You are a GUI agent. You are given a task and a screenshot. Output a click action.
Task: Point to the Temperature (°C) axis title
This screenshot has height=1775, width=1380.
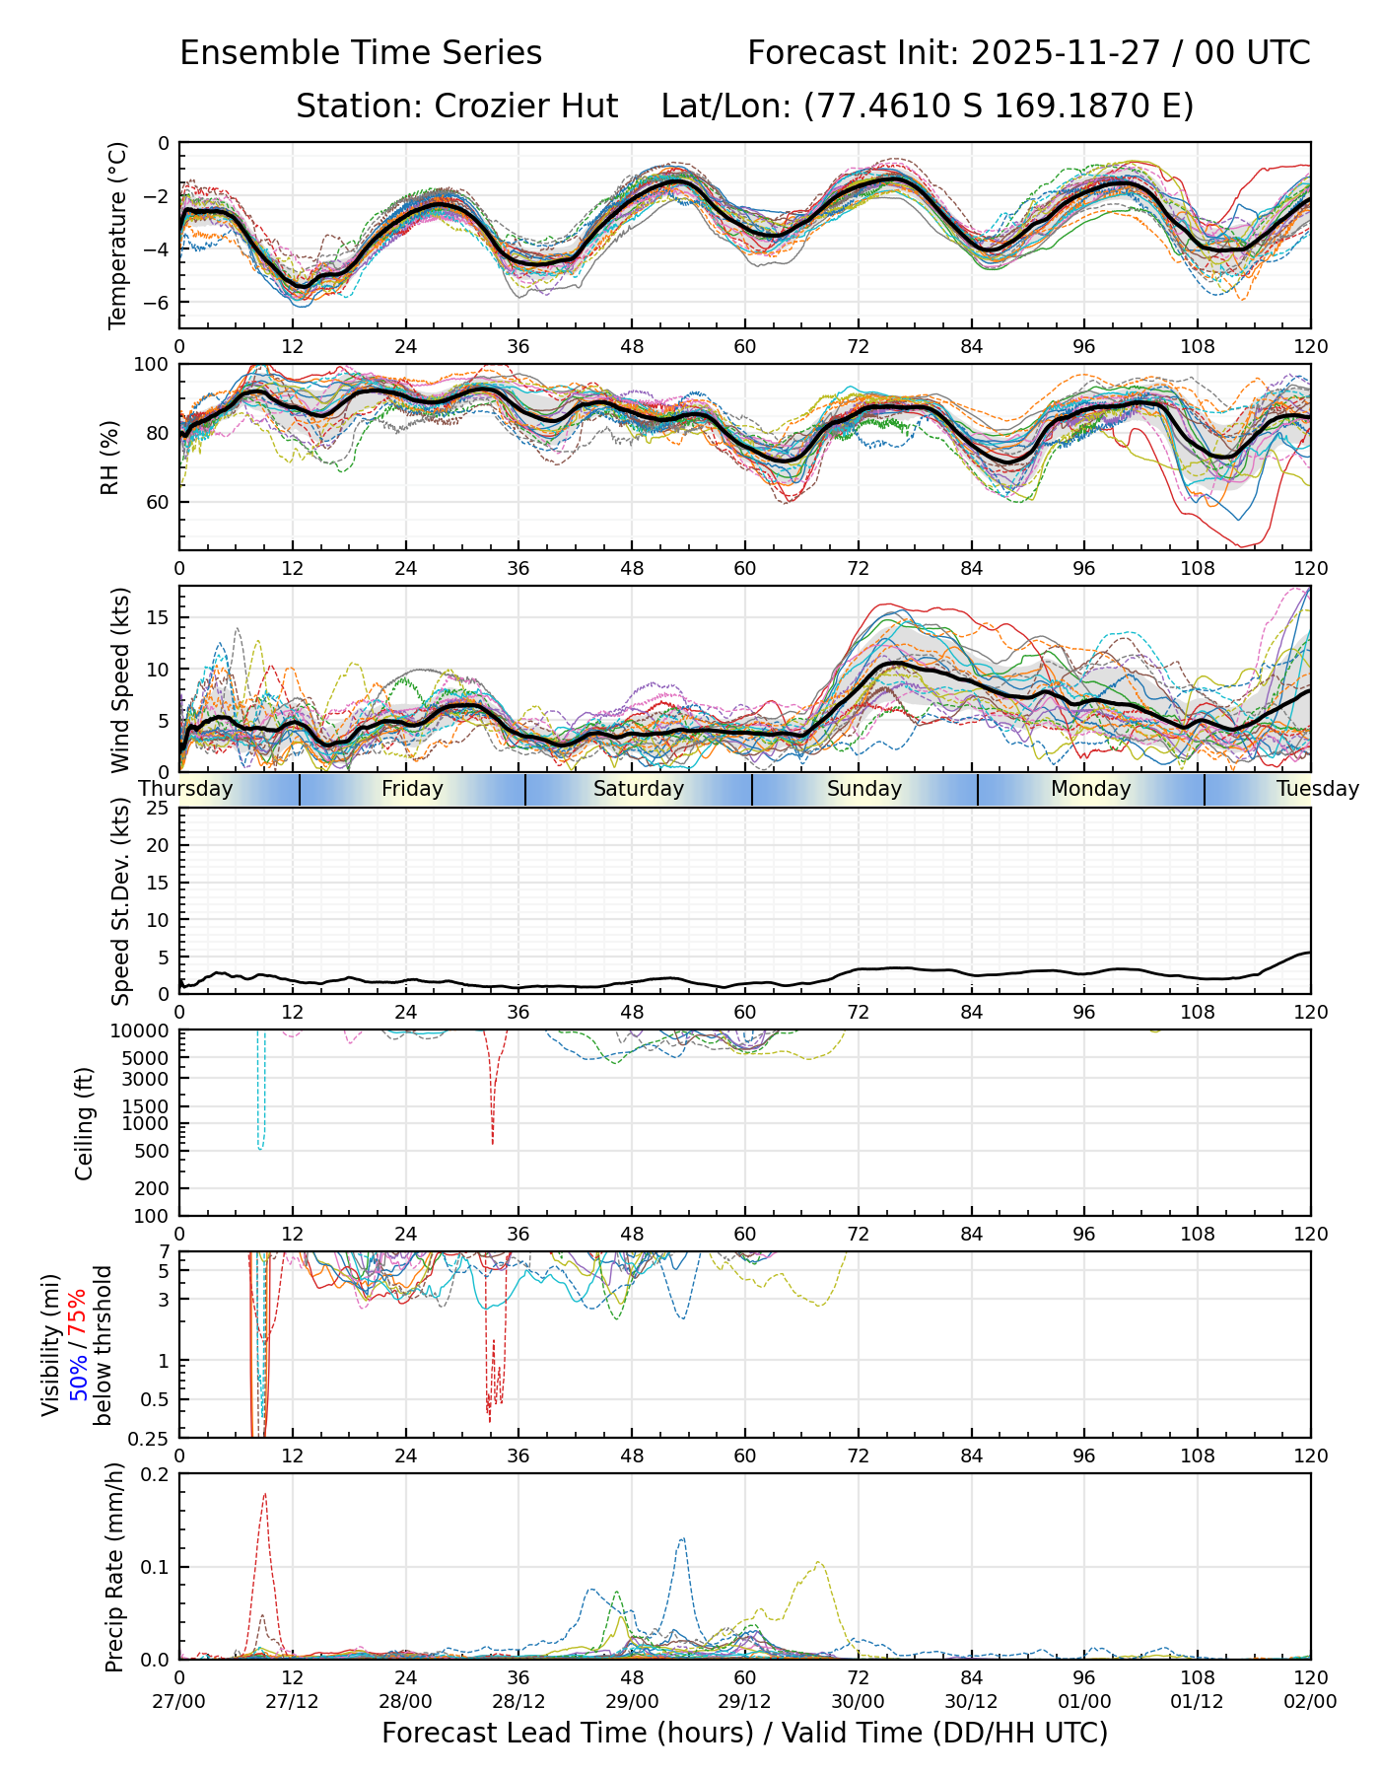(x=118, y=235)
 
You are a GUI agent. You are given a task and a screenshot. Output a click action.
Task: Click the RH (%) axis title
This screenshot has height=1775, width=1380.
(x=109, y=457)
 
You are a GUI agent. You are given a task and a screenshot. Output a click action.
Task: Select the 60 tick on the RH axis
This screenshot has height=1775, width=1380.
(x=158, y=502)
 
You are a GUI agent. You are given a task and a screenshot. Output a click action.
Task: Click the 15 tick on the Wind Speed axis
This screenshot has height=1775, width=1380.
(x=158, y=617)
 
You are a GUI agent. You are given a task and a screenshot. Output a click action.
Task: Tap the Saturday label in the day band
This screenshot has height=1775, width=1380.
(x=638, y=789)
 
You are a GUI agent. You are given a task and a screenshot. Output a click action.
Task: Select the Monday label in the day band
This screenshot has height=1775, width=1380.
(x=1090, y=789)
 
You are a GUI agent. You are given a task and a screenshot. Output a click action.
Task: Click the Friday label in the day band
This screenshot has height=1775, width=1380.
(x=412, y=789)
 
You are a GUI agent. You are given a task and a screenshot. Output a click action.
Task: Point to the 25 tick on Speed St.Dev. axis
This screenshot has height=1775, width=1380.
(x=158, y=809)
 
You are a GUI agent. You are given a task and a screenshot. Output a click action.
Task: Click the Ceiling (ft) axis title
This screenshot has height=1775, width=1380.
(x=85, y=1123)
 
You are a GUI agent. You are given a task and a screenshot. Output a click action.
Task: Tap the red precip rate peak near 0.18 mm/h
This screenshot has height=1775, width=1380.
(x=265, y=1494)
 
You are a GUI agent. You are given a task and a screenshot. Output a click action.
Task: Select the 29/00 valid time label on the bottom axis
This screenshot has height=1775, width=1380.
(x=632, y=1701)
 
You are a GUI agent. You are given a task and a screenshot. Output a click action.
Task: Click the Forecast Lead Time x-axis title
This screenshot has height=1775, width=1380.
(x=744, y=1733)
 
